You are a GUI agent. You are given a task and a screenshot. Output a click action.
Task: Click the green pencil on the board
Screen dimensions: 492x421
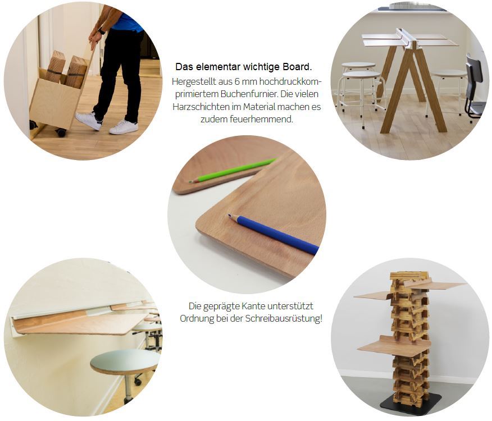pyautogui.click(x=233, y=171)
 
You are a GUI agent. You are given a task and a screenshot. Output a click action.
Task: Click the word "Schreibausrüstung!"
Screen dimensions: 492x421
pyautogui.click(x=284, y=319)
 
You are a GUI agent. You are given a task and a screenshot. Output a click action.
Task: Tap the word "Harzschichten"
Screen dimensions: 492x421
pyautogui.click(x=201, y=107)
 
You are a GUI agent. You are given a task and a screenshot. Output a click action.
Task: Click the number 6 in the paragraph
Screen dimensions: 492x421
pyautogui.click(x=237, y=82)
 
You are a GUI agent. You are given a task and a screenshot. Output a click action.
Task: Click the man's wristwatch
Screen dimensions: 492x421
pyautogui.click(x=101, y=31)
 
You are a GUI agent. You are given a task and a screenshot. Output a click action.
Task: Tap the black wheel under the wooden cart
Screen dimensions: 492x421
pyautogui.click(x=61, y=132)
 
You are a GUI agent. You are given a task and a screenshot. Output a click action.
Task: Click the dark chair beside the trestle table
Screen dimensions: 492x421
pyautogui.click(x=475, y=88)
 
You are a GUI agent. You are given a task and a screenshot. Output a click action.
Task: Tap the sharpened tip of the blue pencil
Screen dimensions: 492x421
pyautogui.click(x=229, y=216)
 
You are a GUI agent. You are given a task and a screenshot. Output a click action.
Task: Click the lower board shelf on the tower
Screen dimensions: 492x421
pyautogui.click(x=394, y=346)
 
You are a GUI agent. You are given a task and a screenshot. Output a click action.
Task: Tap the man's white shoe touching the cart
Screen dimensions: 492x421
pyautogui.click(x=89, y=121)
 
